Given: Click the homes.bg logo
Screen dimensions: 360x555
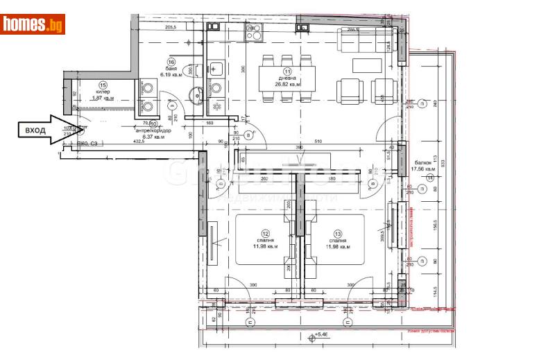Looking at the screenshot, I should pyautogui.click(x=33, y=24).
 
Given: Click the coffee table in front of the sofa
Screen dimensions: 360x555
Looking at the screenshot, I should pyautogui.click(x=366, y=66).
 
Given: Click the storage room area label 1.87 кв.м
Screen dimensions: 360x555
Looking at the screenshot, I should pyautogui.click(x=103, y=98).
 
